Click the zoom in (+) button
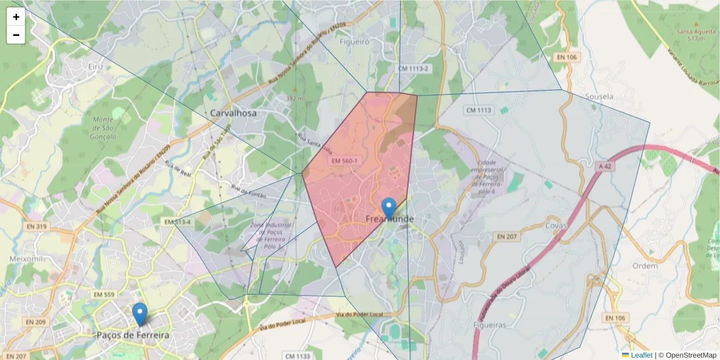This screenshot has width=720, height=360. [x=16, y=17]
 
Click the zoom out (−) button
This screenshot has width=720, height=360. [x=16, y=35]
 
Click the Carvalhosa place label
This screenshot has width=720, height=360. [x=233, y=113]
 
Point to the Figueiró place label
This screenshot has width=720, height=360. [x=354, y=42]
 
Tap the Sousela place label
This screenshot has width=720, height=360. [x=599, y=96]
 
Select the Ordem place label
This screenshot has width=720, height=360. [x=645, y=265]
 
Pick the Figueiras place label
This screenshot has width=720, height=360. [x=489, y=325]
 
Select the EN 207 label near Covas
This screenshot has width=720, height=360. [x=507, y=237]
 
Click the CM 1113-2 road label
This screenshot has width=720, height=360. [x=413, y=69]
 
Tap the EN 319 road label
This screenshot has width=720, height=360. [x=37, y=226]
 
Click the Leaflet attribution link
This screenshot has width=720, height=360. [x=641, y=355]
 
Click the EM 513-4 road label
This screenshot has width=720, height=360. [x=178, y=222]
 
